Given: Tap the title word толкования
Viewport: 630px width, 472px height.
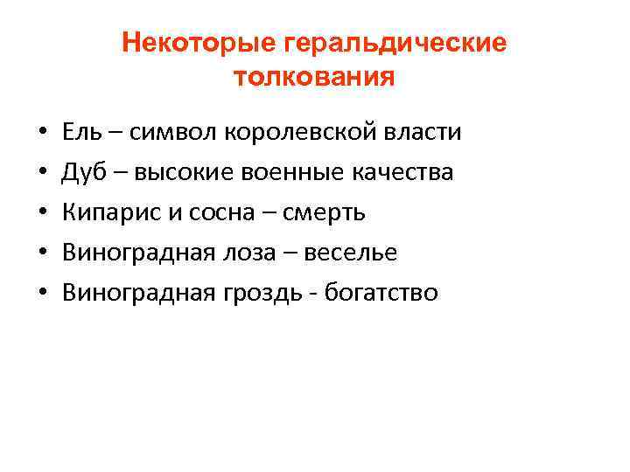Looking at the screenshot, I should [x=315, y=79].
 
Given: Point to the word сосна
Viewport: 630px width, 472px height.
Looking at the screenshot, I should [x=211, y=213].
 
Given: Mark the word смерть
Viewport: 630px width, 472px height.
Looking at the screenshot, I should [x=327, y=213].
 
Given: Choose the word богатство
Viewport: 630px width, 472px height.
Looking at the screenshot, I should [x=381, y=294].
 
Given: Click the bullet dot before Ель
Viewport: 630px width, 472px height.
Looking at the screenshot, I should [x=42, y=135].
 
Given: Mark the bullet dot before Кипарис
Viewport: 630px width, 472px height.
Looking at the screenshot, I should [x=42, y=215].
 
